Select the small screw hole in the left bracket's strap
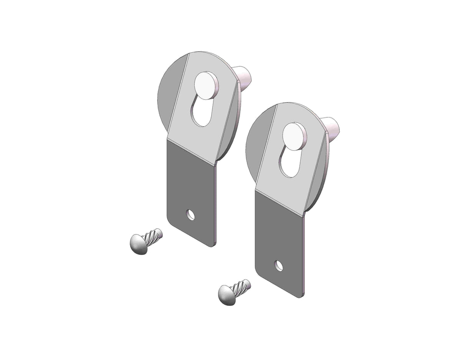click(190, 215)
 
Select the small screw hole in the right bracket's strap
click(279, 265)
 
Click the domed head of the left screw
click(139, 244)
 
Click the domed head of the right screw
click(226, 295)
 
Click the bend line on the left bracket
click(191, 152)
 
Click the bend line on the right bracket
click(279, 203)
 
